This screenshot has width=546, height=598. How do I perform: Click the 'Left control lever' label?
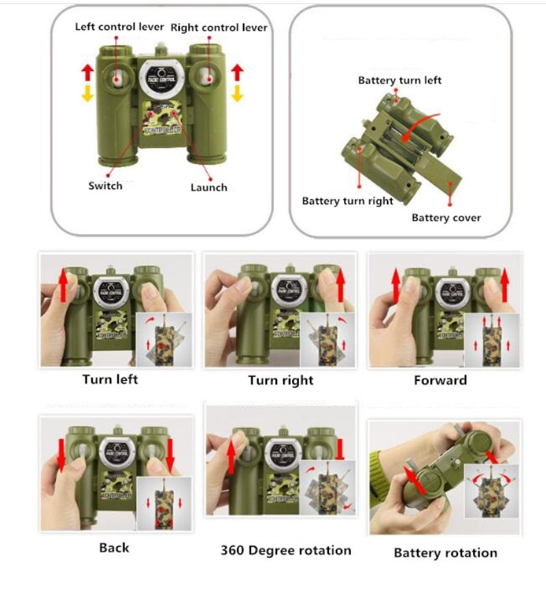click(x=119, y=27)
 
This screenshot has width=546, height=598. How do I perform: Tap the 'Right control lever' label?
click(x=219, y=27)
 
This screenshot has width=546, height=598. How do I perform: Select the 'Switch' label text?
click(x=105, y=186)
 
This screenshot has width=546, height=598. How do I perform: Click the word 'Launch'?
click(x=209, y=187)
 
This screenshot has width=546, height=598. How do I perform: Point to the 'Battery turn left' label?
click(x=399, y=81)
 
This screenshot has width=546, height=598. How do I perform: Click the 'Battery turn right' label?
click(x=347, y=201)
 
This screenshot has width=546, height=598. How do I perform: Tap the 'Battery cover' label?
click(x=446, y=218)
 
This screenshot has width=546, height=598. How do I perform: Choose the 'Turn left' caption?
click(x=110, y=380)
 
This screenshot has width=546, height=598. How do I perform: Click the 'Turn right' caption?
click(x=281, y=380)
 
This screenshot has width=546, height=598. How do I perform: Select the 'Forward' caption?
click(x=440, y=380)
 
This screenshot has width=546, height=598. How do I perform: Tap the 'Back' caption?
click(x=114, y=547)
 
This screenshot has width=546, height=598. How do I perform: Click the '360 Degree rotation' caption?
click(x=286, y=550)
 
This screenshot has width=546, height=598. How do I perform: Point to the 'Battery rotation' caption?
click(x=446, y=553)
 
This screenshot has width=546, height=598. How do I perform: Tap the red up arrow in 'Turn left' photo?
click(x=63, y=285)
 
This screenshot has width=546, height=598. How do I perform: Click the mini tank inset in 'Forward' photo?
click(x=491, y=340)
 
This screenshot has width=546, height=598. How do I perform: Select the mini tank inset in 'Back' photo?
click(x=164, y=503)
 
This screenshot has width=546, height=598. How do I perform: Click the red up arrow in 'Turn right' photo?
click(x=341, y=285)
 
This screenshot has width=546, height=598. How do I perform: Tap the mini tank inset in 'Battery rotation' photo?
click(x=491, y=492)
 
